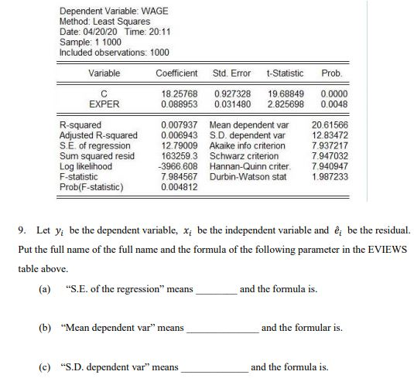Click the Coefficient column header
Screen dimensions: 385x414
pyautogui.click(x=176, y=73)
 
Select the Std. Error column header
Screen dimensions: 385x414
pyautogui.click(x=231, y=73)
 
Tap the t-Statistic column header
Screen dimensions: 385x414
pyautogui.click(x=284, y=73)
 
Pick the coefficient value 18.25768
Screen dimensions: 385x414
pyautogui.click(x=178, y=94)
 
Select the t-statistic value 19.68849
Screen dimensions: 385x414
pyautogui.click(x=286, y=94)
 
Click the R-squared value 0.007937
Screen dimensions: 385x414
pyautogui.click(x=178, y=124)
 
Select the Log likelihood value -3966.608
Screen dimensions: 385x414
pyautogui.click(x=177, y=167)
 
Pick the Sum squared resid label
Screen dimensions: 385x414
pyautogui.click(x=97, y=158)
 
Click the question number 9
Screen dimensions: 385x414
pyautogui.click(x=22, y=230)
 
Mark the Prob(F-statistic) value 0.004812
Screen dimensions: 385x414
pyautogui.click(x=178, y=186)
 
